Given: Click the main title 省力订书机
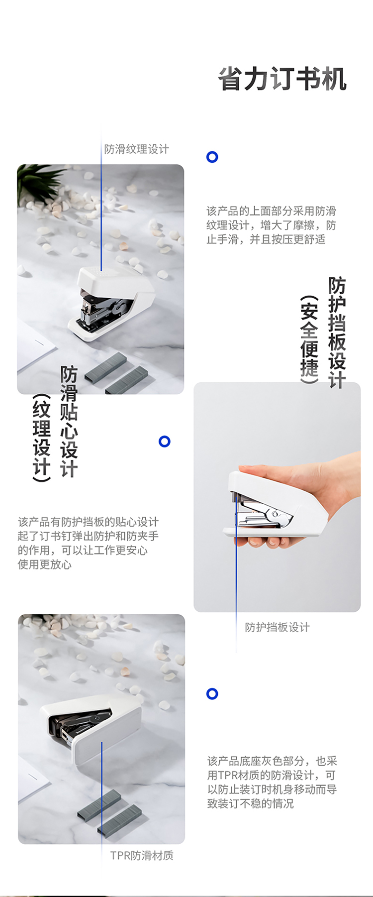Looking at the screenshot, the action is click(282, 79).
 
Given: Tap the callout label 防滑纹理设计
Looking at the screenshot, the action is click(137, 149).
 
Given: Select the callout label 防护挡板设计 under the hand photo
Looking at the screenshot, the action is click(277, 627).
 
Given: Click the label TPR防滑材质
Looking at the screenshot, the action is click(142, 855).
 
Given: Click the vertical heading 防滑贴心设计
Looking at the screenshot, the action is click(69, 422).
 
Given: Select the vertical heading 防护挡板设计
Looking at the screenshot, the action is click(337, 332).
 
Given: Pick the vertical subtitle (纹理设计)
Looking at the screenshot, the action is click(42, 438).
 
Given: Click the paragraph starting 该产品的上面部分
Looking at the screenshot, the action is click(271, 225).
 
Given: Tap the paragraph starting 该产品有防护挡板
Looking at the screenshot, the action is click(88, 543).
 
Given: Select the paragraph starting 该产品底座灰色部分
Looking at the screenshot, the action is click(272, 782).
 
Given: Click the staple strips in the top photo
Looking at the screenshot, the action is click(116, 374).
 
